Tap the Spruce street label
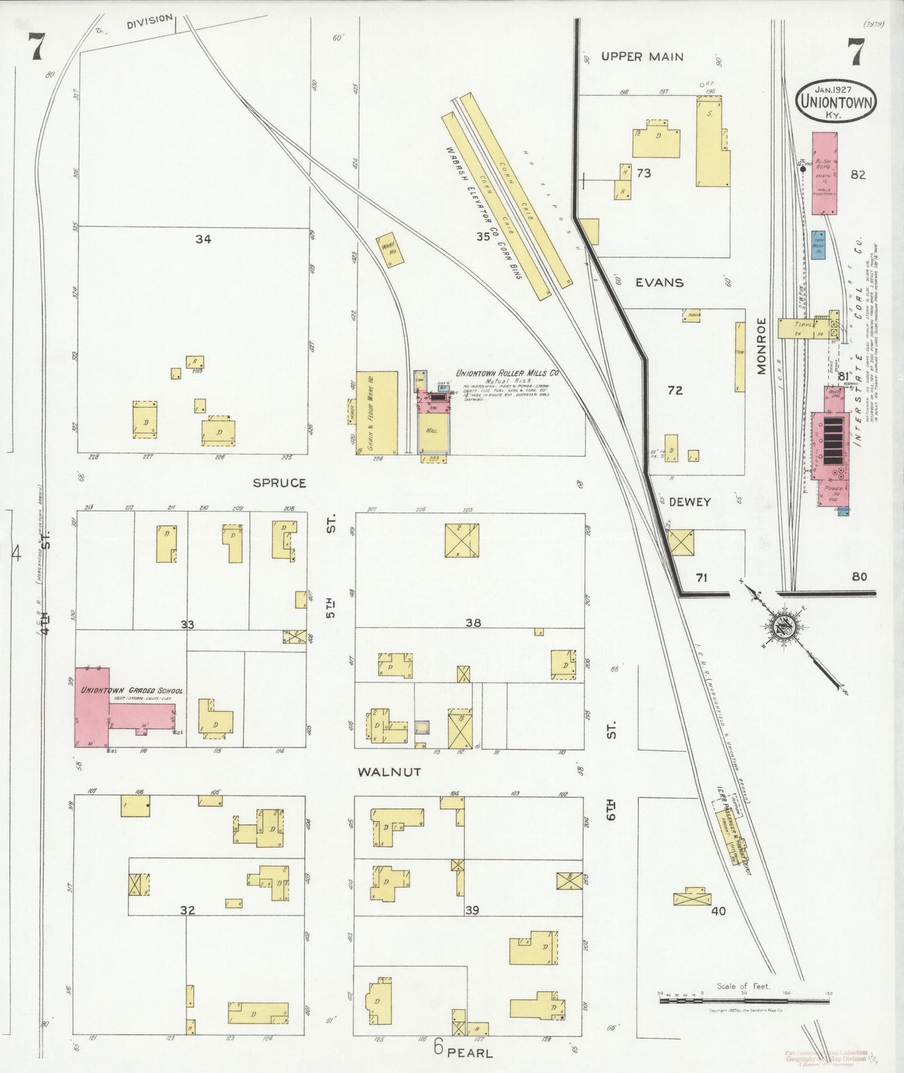(x=280, y=483)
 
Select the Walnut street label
(x=389, y=772)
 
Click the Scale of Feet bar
(x=744, y=1001)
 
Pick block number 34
(x=203, y=239)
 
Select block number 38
(x=474, y=623)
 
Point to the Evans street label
(x=659, y=282)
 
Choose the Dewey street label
(x=690, y=502)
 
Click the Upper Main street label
(x=642, y=57)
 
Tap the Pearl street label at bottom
(x=470, y=1053)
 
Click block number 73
(x=644, y=173)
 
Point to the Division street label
(x=149, y=21)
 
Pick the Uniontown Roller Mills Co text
(x=507, y=373)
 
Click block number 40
(x=718, y=911)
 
